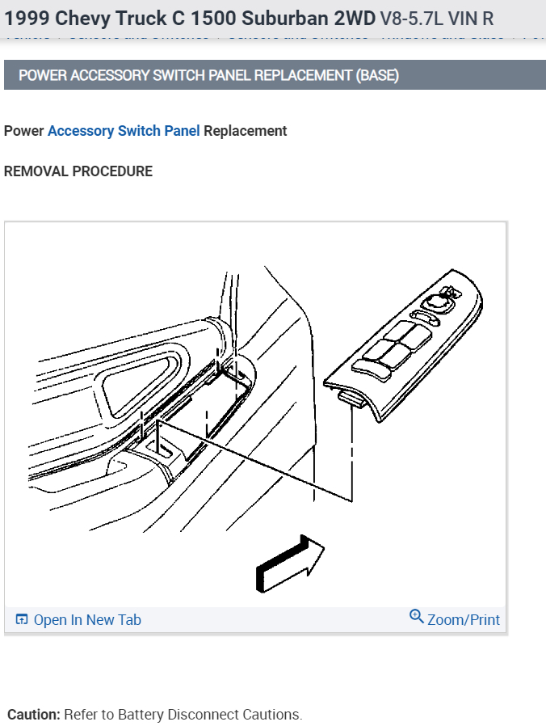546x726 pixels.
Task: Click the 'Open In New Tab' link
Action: pyautogui.click(x=86, y=620)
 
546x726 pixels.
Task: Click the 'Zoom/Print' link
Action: pyautogui.click(x=463, y=620)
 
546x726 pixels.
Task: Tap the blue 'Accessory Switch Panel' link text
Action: pyautogui.click(x=124, y=131)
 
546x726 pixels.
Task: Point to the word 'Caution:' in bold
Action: pyautogui.click(x=34, y=715)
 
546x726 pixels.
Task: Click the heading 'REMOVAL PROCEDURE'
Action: pyautogui.click(x=78, y=171)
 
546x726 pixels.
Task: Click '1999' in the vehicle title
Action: pyautogui.click(x=26, y=18)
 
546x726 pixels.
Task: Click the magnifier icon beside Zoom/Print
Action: pyautogui.click(x=417, y=617)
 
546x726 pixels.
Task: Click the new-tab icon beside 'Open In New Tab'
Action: pyautogui.click(x=22, y=620)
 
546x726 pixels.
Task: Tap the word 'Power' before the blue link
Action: pyautogui.click(x=24, y=131)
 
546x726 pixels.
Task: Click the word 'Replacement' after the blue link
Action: pyautogui.click(x=246, y=131)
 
